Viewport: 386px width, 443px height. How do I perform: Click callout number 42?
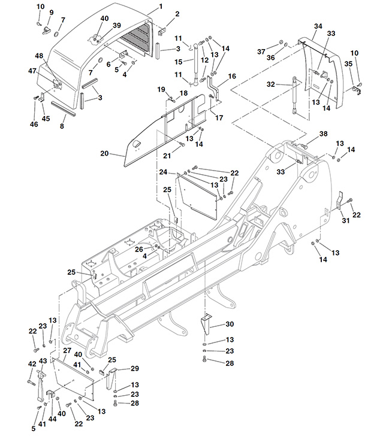click(x=32, y=363)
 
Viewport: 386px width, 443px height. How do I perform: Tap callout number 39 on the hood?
click(x=116, y=25)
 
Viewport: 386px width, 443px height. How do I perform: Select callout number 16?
click(x=233, y=76)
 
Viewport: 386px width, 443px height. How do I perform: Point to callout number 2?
click(x=177, y=13)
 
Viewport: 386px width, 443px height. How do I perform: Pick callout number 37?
click(x=261, y=51)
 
